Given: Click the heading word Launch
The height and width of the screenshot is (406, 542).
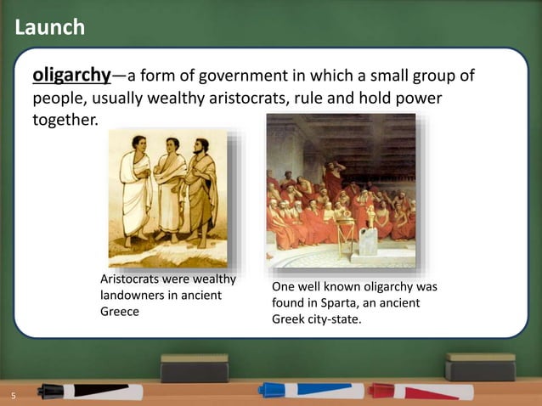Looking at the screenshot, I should [50, 28].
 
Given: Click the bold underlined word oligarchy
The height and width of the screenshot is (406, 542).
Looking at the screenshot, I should [71, 76].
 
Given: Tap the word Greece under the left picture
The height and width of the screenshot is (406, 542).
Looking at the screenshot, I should [120, 311].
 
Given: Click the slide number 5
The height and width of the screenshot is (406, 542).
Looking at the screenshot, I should [13, 396].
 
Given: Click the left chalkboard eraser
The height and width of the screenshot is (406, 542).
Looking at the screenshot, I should [195, 367].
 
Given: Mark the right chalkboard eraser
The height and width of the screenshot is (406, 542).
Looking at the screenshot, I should [480, 366].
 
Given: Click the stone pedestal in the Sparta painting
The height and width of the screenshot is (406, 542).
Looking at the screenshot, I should [369, 239].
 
